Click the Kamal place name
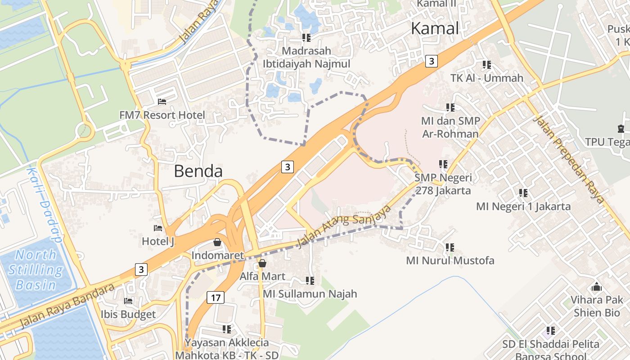click(x=435, y=28)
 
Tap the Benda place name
click(x=198, y=171)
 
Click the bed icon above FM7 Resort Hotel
click(x=162, y=102)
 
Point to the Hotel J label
click(x=158, y=242)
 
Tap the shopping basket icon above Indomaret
click(x=217, y=243)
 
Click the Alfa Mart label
click(x=262, y=276)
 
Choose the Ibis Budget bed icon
click(x=129, y=301)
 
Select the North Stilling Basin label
click(x=35, y=270)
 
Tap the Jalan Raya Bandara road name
click(x=67, y=306)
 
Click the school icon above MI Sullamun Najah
click(x=310, y=281)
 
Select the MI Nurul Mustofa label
click(x=450, y=261)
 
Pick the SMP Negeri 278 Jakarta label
click(x=443, y=184)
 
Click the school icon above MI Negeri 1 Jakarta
click(x=523, y=193)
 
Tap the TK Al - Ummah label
click(x=487, y=78)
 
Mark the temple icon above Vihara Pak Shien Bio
click(x=597, y=287)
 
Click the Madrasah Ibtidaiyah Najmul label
click(x=306, y=57)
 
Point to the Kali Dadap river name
click(x=44, y=205)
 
